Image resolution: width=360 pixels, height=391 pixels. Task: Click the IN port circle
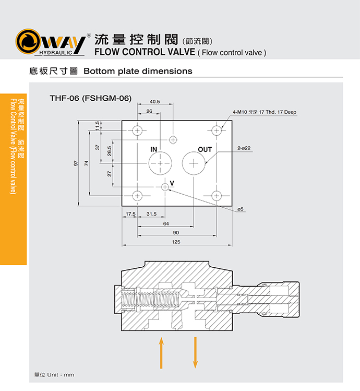(x=160, y=164)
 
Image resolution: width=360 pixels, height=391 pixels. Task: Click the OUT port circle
(x=194, y=164)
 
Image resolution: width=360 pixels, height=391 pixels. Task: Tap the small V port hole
(x=165, y=186)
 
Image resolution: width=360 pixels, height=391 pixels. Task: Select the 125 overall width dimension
(x=176, y=241)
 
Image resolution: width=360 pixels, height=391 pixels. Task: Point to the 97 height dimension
(x=76, y=163)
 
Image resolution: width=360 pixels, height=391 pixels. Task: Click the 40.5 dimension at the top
(x=154, y=101)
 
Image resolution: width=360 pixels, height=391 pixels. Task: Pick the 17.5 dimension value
(x=130, y=214)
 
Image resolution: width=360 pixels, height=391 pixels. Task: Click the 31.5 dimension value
(x=152, y=214)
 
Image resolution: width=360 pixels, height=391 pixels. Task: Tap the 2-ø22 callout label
(x=244, y=148)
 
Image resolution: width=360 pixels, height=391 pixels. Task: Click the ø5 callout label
(x=241, y=209)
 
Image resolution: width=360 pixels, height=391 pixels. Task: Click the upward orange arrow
(x=161, y=352)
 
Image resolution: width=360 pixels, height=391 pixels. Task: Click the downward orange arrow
(x=195, y=352)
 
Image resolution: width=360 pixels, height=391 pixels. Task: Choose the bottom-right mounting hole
(x=217, y=196)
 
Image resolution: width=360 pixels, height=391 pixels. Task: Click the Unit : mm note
(x=54, y=375)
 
